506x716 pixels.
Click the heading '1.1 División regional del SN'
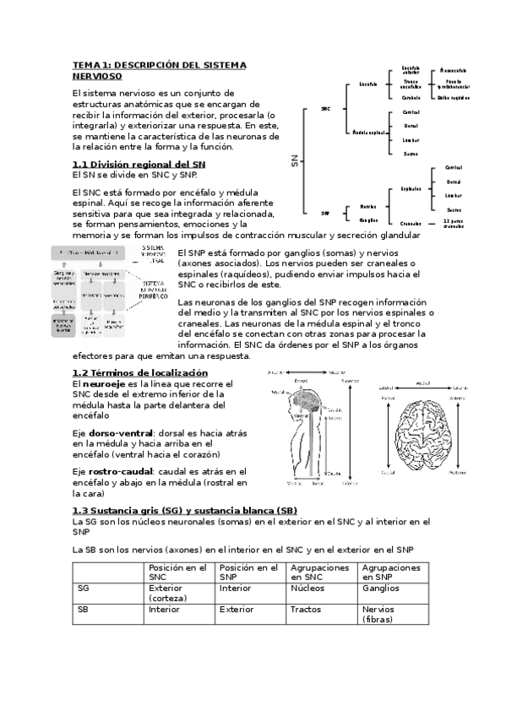pyautogui.click(x=138, y=163)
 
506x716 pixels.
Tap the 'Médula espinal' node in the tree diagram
pyautogui.click(x=369, y=133)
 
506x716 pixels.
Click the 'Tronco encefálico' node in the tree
pyautogui.click(x=411, y=84)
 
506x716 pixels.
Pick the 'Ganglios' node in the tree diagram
pyautogui.click(x=367, y=220)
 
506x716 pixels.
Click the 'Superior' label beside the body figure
pyautogui.click(x=349, y=381)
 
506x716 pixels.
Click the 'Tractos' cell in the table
pyautogui.click(x=304, y=608)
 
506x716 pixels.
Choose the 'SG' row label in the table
pyautogui.click(x=83, y=588)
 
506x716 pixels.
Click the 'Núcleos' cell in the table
pyautogui.click(x=306, y=588)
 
